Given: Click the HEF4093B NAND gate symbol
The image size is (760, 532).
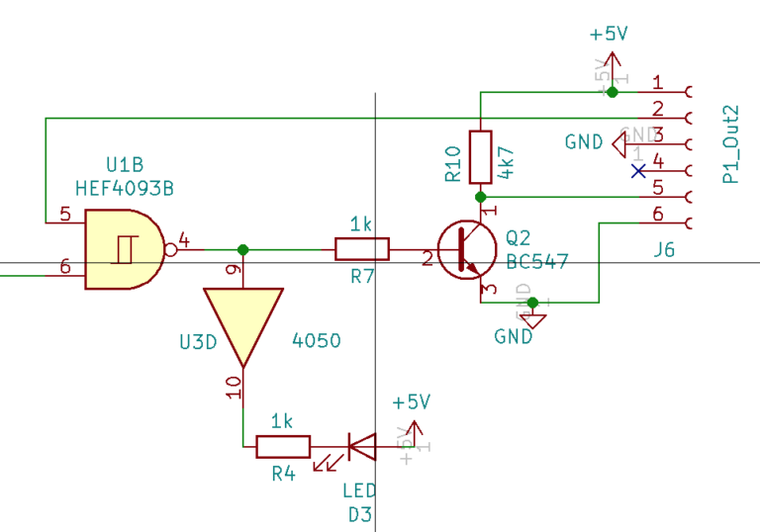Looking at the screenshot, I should point(123,250).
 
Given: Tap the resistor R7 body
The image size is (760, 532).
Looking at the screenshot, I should point(362,250).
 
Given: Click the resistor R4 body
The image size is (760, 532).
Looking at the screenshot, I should point(283,447).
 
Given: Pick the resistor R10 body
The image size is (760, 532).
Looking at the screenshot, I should point(480,155).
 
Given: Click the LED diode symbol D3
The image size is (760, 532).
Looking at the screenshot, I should point(360,447).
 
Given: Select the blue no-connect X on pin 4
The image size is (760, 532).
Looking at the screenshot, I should point(638,171).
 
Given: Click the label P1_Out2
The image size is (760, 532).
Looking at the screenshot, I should point(731,143).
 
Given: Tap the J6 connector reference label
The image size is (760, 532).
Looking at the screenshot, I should point(664,251).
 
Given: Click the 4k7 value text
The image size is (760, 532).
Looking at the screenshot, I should point(507,160).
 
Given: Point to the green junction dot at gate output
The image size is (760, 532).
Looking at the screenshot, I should point(242,250).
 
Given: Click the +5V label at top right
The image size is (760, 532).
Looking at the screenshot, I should point(609,34).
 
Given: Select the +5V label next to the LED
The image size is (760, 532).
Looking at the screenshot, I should point(411,402).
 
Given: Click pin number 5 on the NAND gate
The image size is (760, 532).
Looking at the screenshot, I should point(65,214).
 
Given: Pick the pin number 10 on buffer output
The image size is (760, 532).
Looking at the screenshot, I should point(234,387).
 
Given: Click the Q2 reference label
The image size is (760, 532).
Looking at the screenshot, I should point(518,238).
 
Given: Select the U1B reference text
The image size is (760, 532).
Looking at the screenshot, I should point(125,164).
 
